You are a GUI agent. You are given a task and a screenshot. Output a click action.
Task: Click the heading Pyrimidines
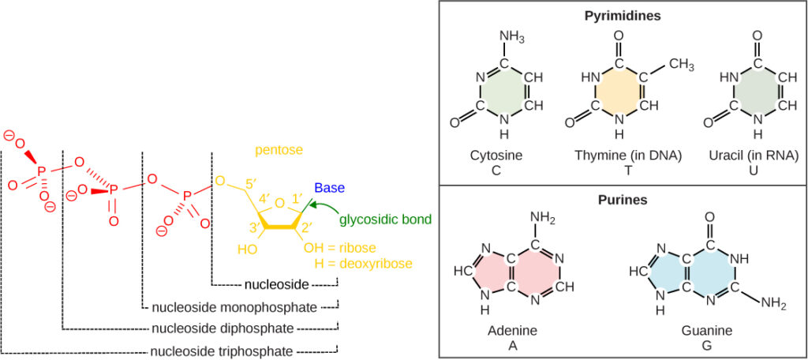(623, 15)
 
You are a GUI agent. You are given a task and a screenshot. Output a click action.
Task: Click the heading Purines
(623, 200)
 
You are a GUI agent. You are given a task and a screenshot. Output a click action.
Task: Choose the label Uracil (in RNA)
(754, 155)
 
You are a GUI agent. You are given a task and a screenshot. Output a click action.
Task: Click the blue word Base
(329, 188)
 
